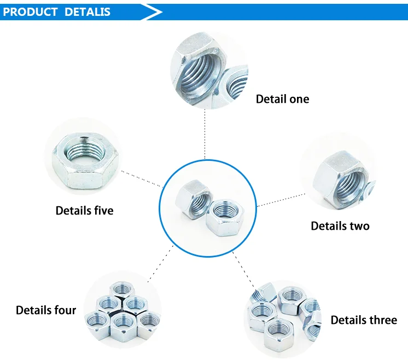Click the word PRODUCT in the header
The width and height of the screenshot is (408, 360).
coord(31,12)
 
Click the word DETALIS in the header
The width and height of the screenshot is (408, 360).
coord(88,12)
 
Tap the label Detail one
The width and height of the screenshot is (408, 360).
coord(282,99)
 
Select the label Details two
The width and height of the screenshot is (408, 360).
coord(340,226)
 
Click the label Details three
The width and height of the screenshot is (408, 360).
coord(364,320)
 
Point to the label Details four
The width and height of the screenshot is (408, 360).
coord(46,310)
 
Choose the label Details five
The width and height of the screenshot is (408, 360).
coord(84,210)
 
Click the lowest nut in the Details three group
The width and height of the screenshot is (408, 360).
coord(277,333)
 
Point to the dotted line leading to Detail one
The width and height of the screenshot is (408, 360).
coord(206,134)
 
